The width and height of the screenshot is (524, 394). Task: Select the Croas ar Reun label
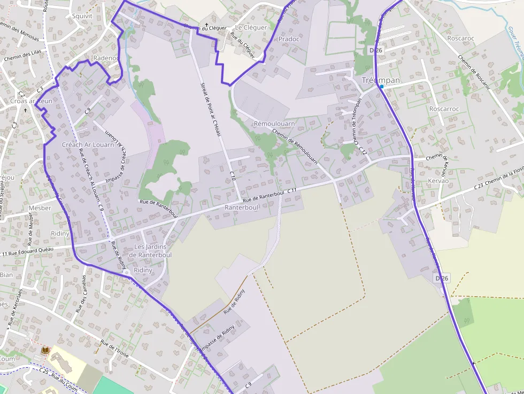click(x=32, y=101)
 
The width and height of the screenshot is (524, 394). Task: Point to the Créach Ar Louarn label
click(x=88, y=144)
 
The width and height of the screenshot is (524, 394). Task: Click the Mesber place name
click(x=40, y=208)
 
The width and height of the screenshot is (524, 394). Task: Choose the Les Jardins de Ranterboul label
click(x=150, y=251)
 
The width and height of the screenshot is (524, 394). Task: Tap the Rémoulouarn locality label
click(x=274, y=123)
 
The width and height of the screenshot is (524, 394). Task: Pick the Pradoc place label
click(x=289, y=39)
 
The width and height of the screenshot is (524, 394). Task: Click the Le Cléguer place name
click(x=251, y=27)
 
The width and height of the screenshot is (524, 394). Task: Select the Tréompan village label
click(x=381, y=80)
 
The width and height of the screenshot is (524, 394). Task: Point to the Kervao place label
click(x=438, y=182)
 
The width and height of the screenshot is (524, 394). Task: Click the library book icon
click(x=45, y=350)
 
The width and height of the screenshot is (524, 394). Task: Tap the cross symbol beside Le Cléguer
click(x=206, y=25)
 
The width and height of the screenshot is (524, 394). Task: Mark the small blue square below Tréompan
click(x=382, y=86)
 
